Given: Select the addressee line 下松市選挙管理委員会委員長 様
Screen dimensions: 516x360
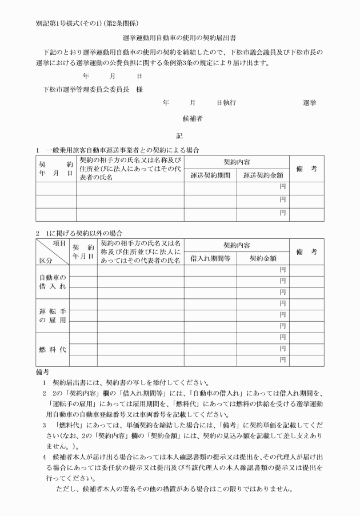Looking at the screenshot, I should click(x=93, y=90).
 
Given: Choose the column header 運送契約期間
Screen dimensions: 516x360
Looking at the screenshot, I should click(x=210, y=175).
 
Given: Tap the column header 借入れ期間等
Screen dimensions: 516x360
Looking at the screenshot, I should click(x=210, y=258).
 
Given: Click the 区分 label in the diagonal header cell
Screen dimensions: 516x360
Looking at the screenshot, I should click(x=45, y=259).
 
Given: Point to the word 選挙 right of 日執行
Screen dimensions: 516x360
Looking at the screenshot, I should click(x=310, y=103).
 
